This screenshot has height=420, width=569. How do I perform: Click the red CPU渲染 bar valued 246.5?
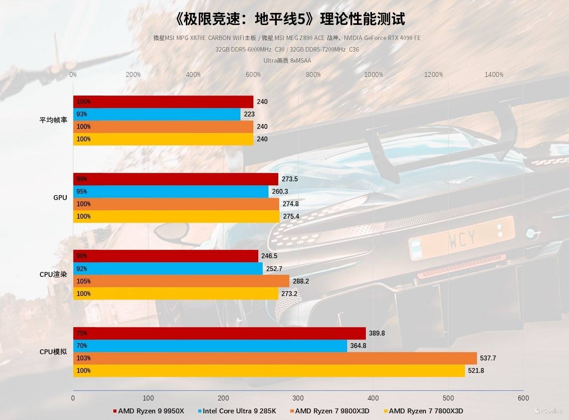point(165,256)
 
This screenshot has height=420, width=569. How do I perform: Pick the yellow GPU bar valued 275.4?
point(176,216)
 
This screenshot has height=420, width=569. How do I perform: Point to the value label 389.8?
point(377,333)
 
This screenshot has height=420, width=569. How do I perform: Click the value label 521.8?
point(476,371)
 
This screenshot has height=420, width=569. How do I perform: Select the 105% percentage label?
point(83,281)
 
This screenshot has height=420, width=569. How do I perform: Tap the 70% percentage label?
point(82,346)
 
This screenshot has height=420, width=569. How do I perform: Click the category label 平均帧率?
point(53,120)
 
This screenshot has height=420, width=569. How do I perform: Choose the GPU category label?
point(60,197)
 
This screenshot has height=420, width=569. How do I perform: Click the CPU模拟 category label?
point(53,352)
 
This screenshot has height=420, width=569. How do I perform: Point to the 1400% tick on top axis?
point(494,75)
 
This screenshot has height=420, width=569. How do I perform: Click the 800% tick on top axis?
point(313,75)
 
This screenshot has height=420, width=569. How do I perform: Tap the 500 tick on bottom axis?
point(449,398)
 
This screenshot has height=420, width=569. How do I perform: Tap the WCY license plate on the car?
point(462,238)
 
